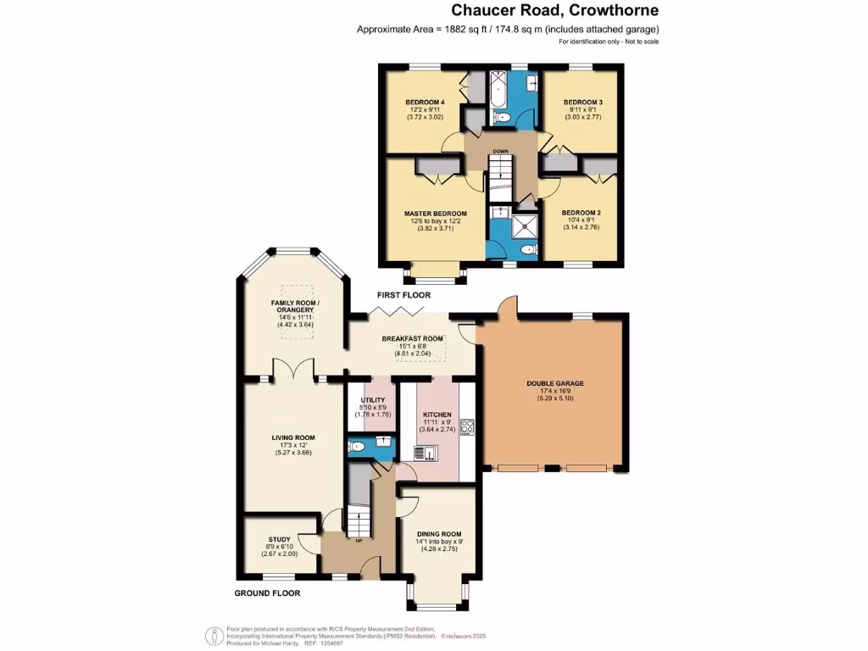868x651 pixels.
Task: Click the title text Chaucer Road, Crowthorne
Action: pos(554,11)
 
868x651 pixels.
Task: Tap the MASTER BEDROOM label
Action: pos(435,213)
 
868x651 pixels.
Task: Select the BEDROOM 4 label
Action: pos(425,103)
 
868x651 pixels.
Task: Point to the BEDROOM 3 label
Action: pos(583,103)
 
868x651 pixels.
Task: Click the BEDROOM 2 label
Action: pos(583,213)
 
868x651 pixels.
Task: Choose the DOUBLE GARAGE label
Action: pos(555,383)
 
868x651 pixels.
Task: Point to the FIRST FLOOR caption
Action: pos(404,296)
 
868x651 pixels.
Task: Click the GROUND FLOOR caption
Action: pos(267,593)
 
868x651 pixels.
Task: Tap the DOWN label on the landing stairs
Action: pos(501,152)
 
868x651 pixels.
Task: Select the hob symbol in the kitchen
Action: pos(467,426)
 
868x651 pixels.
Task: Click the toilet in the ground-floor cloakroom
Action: pos(357,446)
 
